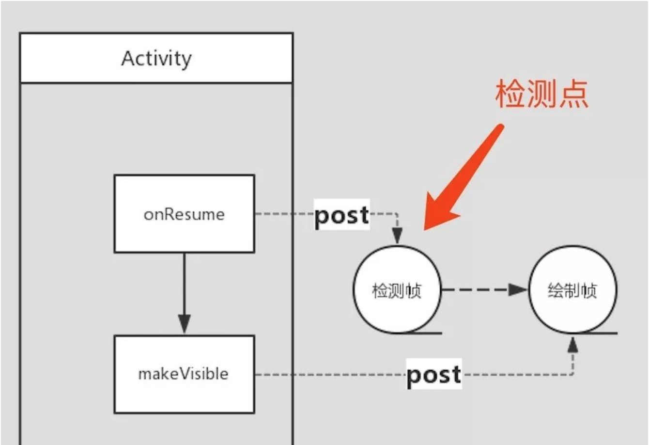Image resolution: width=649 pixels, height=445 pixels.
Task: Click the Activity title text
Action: click(156, 59)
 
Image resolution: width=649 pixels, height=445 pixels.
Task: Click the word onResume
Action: click(184, 214)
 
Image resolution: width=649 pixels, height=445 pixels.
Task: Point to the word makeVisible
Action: click(183, 374)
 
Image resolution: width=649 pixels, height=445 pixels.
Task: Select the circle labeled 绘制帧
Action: click(572, 290)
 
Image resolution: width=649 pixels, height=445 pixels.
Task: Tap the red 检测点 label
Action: click(541, 94)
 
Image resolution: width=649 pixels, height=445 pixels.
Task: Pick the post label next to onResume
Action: click(341, 215)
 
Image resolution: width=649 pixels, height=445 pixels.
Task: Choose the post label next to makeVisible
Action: click(433, 374)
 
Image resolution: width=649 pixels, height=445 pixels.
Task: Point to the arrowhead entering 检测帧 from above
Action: click(397, 236)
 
